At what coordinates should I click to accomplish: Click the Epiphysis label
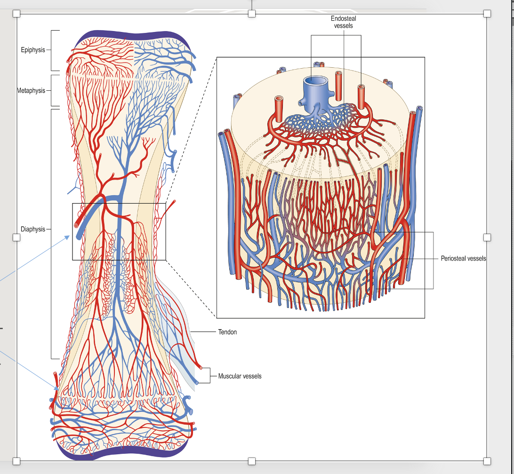pyautogui.click(x=33, y=50)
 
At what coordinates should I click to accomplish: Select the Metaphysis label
pyautogui.click(x=32, y=90)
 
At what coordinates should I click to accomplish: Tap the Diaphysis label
pyautogui.click(x=33, y=229)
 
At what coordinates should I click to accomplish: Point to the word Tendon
pyautogui.click(x=227, y=332)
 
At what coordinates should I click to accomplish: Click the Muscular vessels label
pyautogui.click(x=240, y=376)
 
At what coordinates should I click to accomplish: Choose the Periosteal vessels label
pyautogui.click(x=463, y=259)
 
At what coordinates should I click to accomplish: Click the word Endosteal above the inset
pyautogui.click(x=344, y=18)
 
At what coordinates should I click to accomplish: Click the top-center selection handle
pyautogui.click(x=252, y=14)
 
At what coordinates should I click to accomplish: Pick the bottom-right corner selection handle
pyautogui.click(x=487, y=461)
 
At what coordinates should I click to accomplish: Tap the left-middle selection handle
pyautogui.click(x=16, y=237)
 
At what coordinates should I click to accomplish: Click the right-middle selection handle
pyautogui.click(x=487, y=237)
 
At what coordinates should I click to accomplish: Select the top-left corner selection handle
pyautogui.click(x=16, y=14)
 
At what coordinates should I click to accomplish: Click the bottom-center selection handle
pyautogui.click(x=252, y=461)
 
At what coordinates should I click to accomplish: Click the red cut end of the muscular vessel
pyautogui.click(x=201, y=367)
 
